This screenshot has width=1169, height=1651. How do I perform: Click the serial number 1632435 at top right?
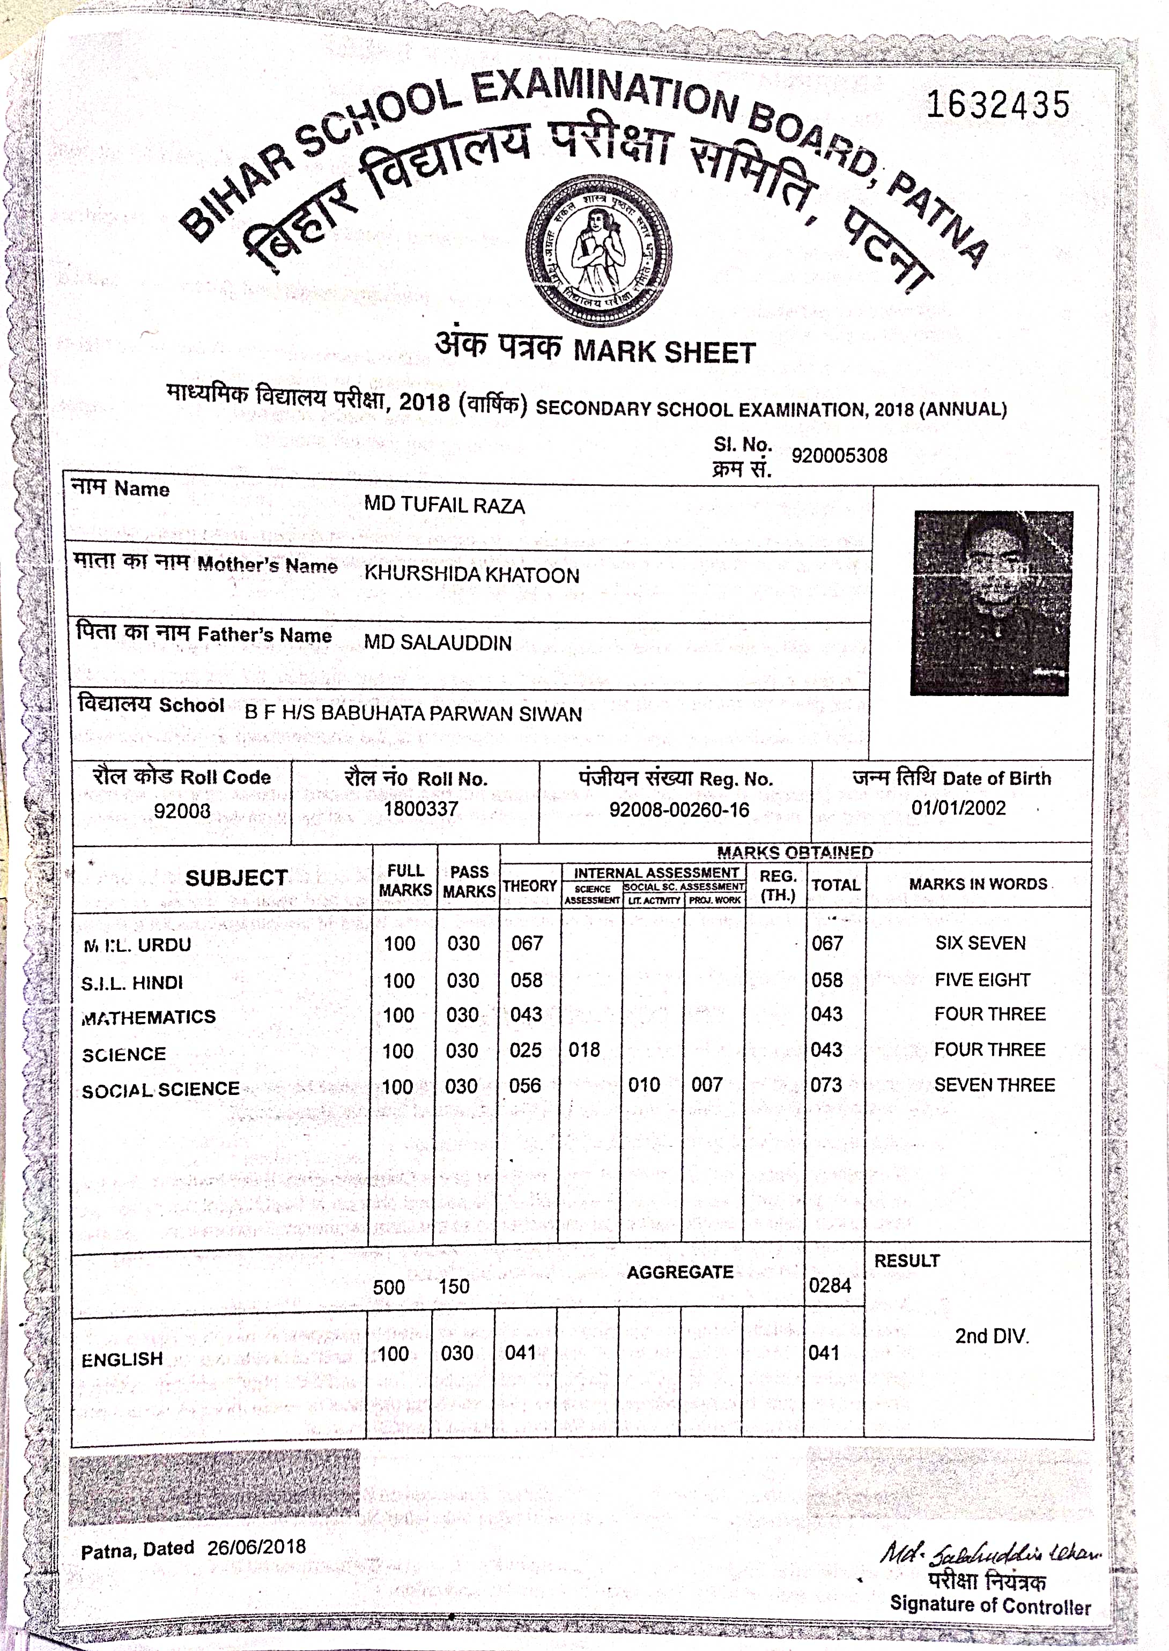[998, 105]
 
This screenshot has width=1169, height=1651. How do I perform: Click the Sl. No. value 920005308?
[839, 456]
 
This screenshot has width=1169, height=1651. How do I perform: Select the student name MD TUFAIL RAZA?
[444, 505]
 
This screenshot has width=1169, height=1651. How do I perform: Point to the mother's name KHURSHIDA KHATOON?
[471, 574]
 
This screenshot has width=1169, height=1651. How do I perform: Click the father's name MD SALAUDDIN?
[438, 642]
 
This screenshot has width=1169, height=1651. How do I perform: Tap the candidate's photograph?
[992, 602]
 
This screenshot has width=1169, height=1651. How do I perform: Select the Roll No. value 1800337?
[420, 809]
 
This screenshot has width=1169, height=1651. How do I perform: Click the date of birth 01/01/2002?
[958, 808]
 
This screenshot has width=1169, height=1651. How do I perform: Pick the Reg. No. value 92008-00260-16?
[679, 810]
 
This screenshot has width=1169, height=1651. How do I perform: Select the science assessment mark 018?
[584, 1050]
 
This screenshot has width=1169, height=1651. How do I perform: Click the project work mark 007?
[706, 1085]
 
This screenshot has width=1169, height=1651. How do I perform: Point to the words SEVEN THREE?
[994, 1085]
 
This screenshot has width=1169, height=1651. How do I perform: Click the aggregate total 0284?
[830, 1285]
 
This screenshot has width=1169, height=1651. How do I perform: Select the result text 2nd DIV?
[991, 1336]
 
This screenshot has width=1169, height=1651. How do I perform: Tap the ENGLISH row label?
[122, 1359]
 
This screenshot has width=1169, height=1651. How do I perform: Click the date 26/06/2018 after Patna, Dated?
[256, 1546]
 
